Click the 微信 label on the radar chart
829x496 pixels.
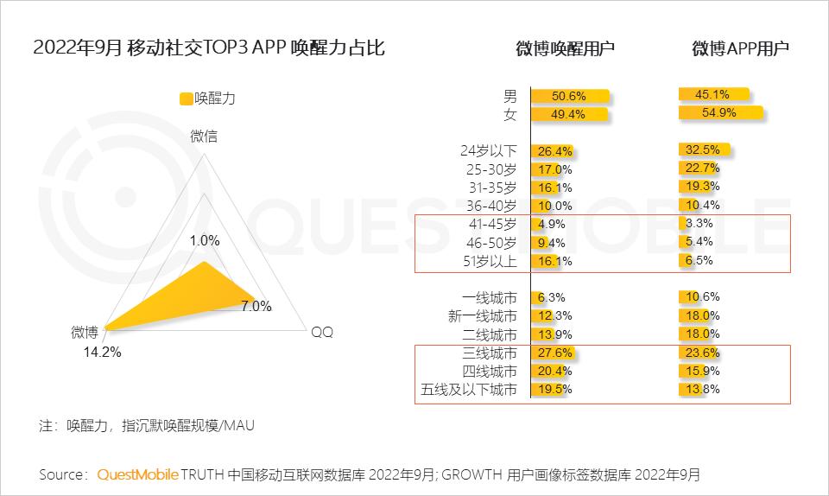pyautogui.click(x=204, y=136)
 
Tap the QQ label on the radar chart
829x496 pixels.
pyautogui.click(x=321, y=333)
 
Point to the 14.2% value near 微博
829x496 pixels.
pyautogui.click(x=102, y=352)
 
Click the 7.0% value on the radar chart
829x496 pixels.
pyautogui.click(x=256, y=306)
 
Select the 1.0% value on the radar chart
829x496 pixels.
pyautogui.click(x=205, y=239)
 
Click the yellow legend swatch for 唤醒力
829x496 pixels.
pyautogui.click(x=186, y=99)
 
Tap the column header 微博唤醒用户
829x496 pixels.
pyautogui.click(x=566, y=49)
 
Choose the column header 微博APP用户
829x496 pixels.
pyautogui.click(x=740, y=49)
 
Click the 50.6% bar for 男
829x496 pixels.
pyautogui.click(x=571, y=96)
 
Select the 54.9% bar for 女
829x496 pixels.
pyautogui.click(x=720, y=113)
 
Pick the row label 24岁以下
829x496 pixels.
pyautogui.click(x=488, y=150)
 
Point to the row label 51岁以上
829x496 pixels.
pyautogui.click(x=488, y=261)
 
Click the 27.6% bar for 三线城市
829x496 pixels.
pyautogui.click(x=553, y=353)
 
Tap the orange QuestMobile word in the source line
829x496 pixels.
pyautogui.click(x=138, y=474)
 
